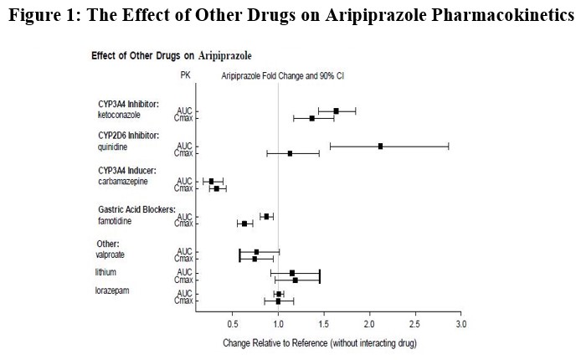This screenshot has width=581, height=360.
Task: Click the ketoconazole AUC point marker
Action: tap(336, 111)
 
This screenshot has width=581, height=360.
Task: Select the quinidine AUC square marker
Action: tap(381, 146)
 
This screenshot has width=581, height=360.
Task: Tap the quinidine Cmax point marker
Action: tap(290, 153)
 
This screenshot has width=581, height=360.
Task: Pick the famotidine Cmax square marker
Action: tap(244, 224)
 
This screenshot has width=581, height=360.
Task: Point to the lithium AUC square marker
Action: tap(292, 272)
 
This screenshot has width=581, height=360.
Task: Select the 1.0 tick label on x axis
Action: tap(278, 323)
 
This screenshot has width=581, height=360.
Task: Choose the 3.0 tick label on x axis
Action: tap(460, 323)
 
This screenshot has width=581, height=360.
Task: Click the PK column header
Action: tap(185, 75)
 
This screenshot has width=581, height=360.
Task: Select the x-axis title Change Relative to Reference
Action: tap(320, 343)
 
